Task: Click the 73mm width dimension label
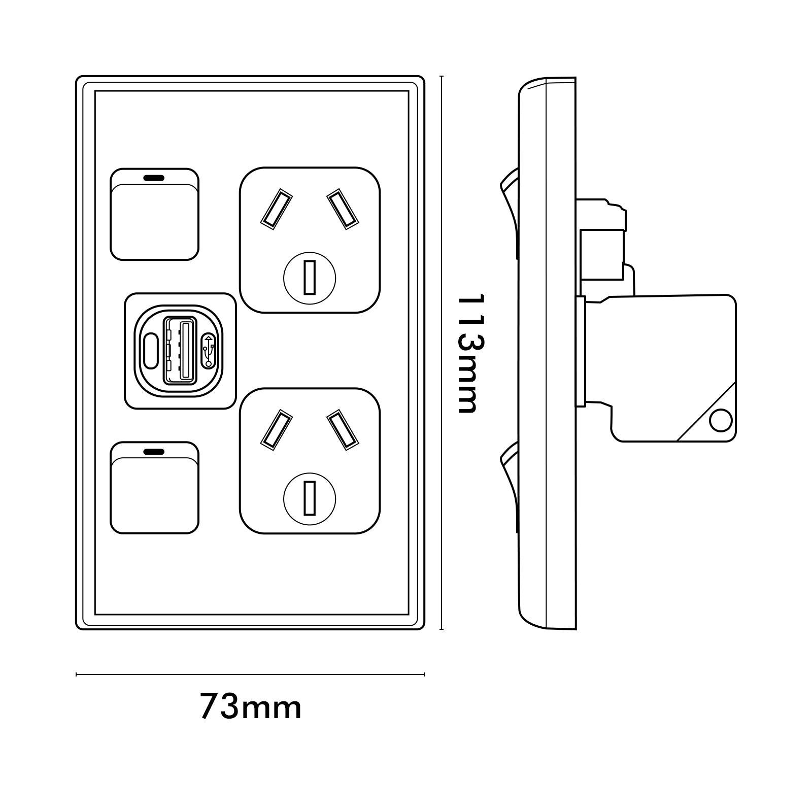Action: click(251, 706)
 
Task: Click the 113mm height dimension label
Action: click(468, 353)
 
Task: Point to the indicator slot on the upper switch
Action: click(154, 179)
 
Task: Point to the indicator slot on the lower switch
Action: click(154, 451)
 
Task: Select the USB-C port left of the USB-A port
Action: click(151, 350)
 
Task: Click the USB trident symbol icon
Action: click(209, 350)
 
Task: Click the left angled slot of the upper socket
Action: click(277, 208)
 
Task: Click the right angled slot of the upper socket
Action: click(343, 208)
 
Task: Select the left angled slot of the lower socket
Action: click(277, 429)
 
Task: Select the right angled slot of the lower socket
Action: click(343, 429)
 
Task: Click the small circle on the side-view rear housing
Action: click(720, 421)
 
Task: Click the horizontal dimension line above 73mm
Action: click(250, 674)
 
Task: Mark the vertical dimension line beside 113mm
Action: click(442, 353)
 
